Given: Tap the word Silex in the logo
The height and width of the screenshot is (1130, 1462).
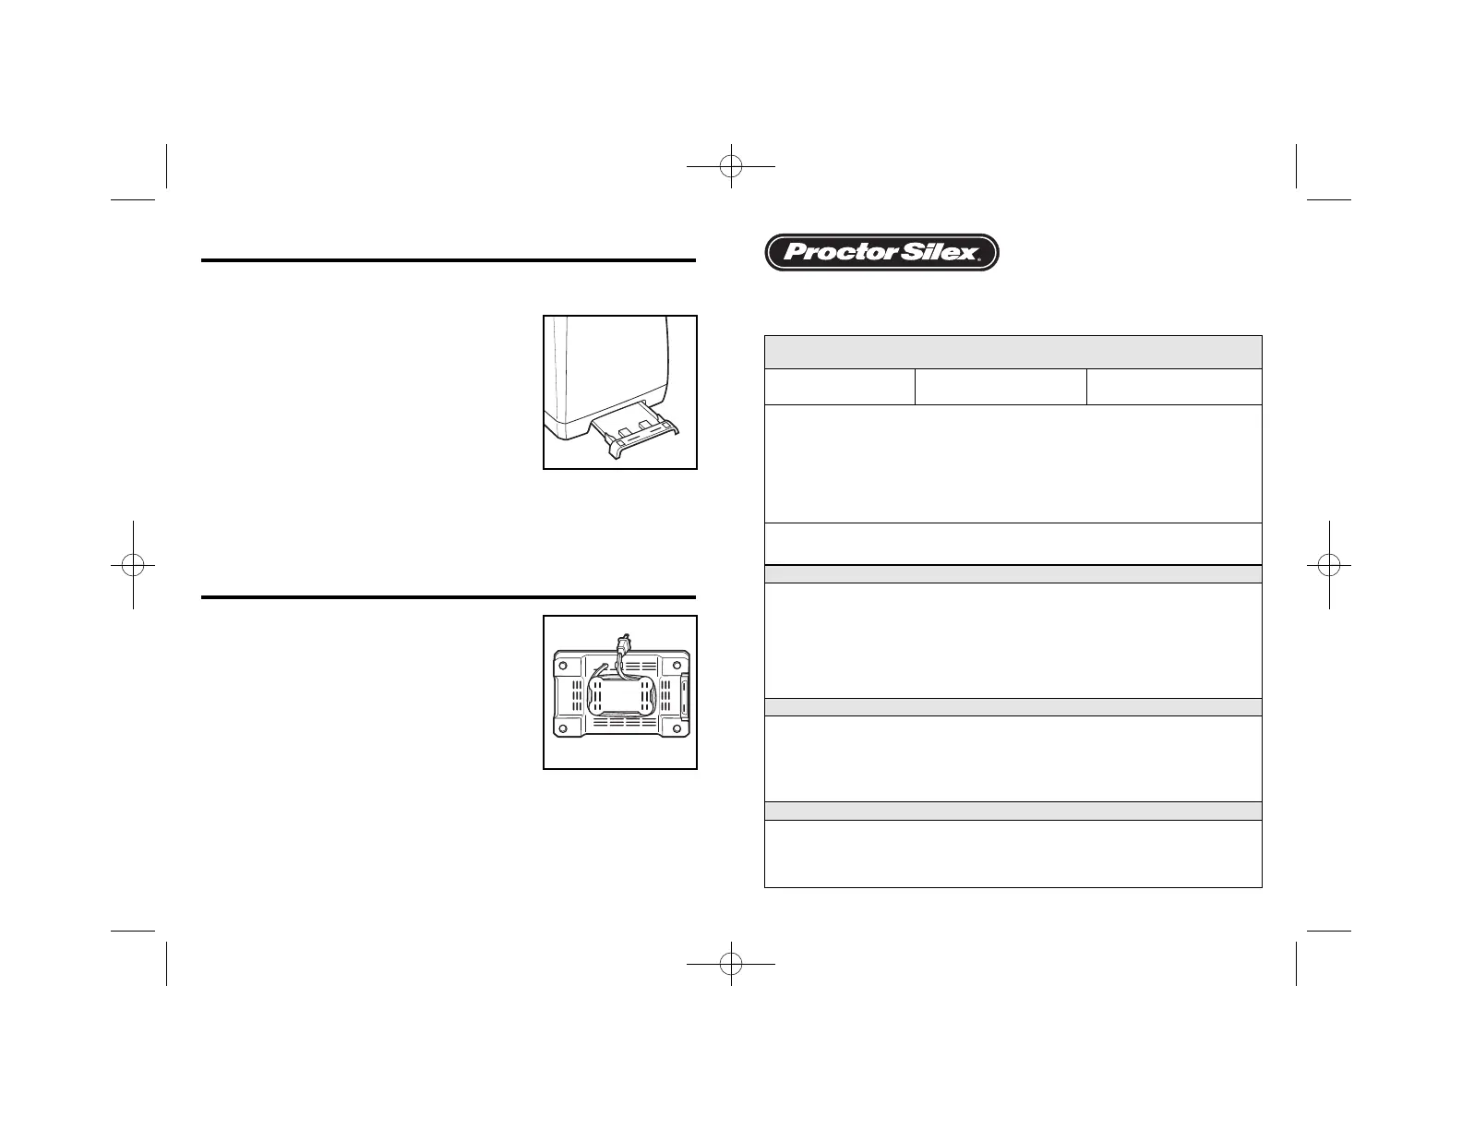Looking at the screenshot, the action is pos(931,252).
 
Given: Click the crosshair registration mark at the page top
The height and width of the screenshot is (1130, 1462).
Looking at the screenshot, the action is pos(731,166).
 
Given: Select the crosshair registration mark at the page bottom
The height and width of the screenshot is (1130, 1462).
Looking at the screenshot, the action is pos(731,964).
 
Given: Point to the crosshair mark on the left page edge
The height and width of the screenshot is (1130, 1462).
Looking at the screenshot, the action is pos(133,564).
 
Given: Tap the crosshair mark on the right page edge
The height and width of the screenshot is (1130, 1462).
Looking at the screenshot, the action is pos(1329,564).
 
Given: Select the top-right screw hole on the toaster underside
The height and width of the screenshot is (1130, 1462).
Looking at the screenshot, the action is pos(678,660).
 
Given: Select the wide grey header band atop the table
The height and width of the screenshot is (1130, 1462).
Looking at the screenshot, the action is pos(1013,352).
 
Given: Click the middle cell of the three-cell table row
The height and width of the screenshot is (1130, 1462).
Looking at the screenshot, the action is pos(1001,387).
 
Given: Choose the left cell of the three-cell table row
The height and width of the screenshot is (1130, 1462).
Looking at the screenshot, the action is pos(839,387).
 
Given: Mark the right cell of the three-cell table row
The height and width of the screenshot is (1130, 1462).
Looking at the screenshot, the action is pos(1174,387).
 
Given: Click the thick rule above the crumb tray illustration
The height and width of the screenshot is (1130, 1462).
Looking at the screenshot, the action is pos(448,261).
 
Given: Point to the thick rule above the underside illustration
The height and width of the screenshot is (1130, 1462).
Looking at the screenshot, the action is pos(448,597).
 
